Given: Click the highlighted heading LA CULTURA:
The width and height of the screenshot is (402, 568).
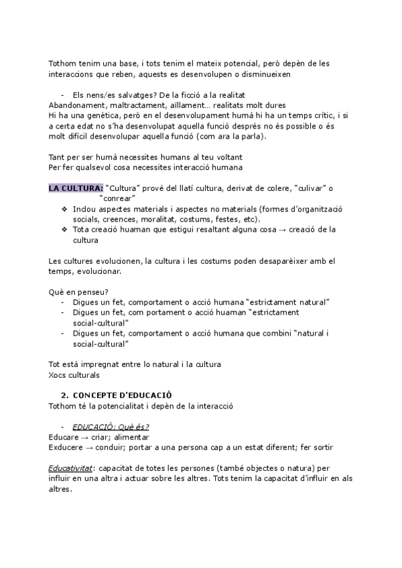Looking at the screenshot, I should click(75, 188).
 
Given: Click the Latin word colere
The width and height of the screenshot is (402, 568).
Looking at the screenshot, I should click(265, 188).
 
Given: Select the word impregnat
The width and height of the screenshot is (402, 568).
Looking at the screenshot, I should click(109, 364).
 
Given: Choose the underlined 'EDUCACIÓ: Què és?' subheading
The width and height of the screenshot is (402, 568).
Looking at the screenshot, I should click(111, 427).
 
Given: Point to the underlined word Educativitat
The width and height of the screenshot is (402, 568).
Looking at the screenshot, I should click(71, 468).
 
